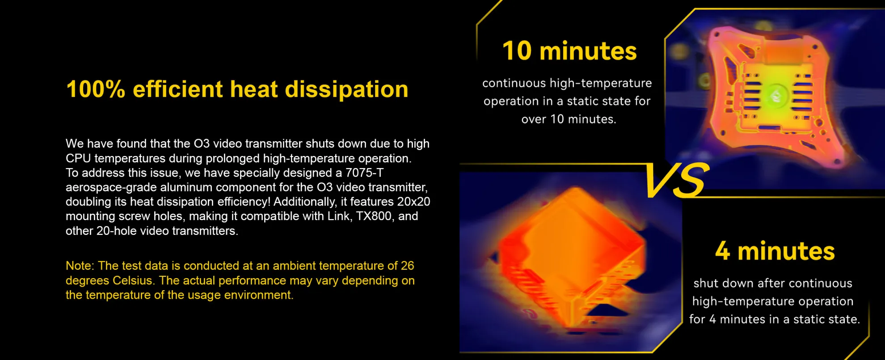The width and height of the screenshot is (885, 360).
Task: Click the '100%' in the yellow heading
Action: click(x=95, y=89)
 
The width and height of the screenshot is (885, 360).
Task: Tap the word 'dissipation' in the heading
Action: click(x=346, y=89)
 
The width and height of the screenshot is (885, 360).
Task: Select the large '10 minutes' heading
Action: click(x=569, y=51)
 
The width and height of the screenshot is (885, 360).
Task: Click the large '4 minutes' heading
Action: click(x=775, y=251)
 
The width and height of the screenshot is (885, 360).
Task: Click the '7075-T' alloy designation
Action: click(x=364, y=173)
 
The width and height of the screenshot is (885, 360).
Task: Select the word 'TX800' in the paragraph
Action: click(x=374, y=216)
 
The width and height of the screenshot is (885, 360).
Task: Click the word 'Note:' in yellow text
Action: click(x=80, y=266)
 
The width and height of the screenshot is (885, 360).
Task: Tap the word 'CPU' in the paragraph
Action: click(x=78, y=158)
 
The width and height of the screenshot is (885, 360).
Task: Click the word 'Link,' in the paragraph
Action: click(x=339, y=216)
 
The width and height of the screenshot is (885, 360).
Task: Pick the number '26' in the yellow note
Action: click(x=408, y=266)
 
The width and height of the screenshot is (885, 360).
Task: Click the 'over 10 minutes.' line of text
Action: click(x=569, y=119)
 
